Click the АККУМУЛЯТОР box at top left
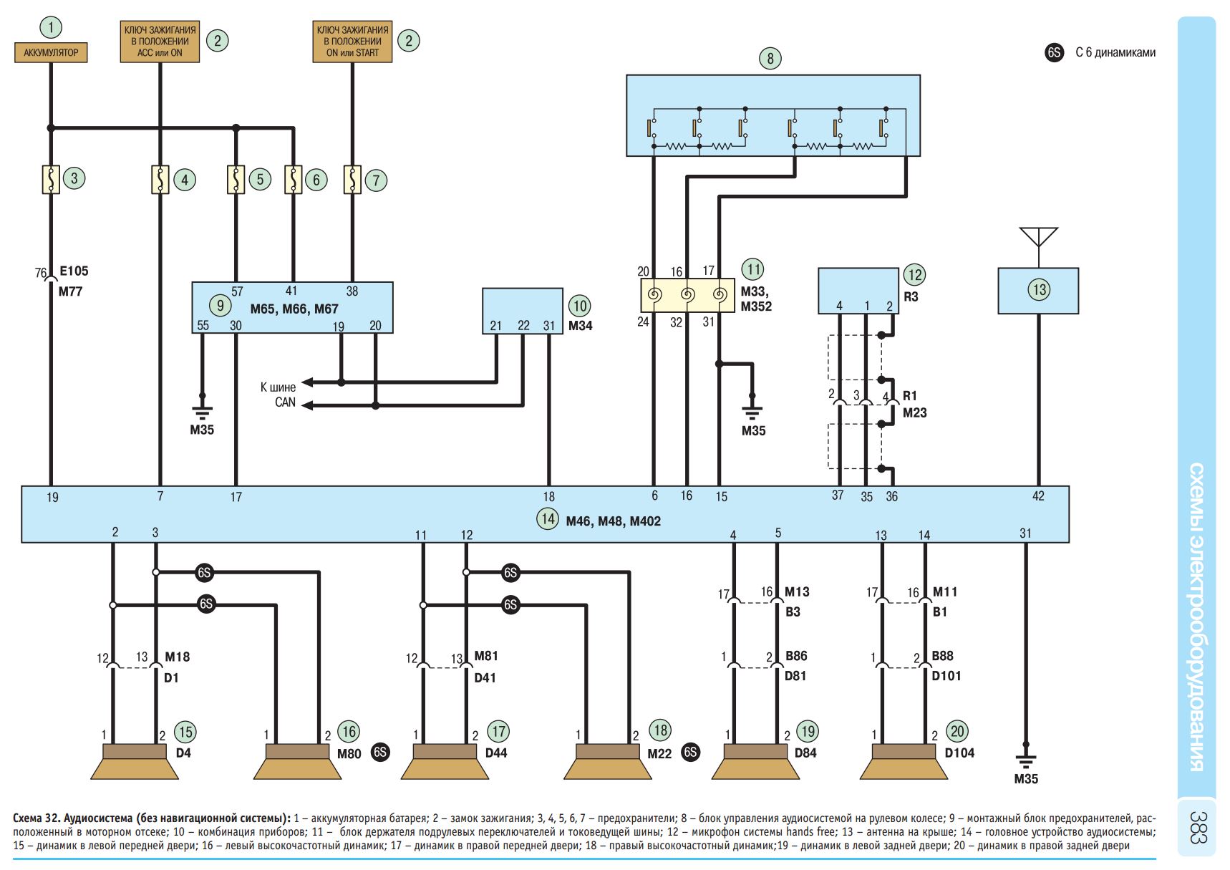[51, 53]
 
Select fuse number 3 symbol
[51, 179]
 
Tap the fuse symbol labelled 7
[352, 180]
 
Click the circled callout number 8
[770, 58]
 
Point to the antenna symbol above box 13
[1038, 237]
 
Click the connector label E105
[74, 271]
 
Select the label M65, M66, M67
[294, 309]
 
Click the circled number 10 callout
[579, 306]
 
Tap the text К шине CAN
[279, 395]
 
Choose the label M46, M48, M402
[613, 521]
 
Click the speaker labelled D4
[134, 762]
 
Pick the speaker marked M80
[297, 762]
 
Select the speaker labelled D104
[904, 762]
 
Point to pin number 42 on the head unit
[1038, 496]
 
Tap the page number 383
[1197, 827]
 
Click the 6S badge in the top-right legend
[1055, 52]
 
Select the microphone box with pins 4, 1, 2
[858, 291]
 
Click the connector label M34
[580, 326]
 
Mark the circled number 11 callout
[753, 270]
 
